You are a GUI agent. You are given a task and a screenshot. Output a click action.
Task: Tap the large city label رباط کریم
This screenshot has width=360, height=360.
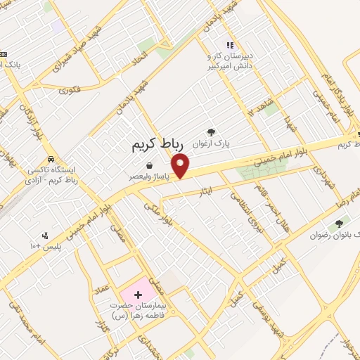(157, 144)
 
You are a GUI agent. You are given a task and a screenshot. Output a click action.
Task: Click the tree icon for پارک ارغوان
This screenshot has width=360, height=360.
(210, 131)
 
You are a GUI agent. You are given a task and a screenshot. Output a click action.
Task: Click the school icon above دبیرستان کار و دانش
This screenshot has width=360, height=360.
(229, 45)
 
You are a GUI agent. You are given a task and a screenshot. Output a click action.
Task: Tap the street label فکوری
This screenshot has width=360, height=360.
(70, 89)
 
